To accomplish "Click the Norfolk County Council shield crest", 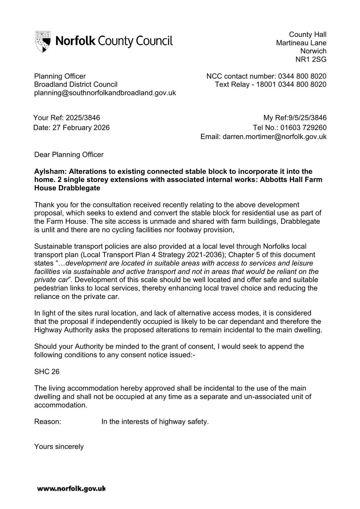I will click(43, 41).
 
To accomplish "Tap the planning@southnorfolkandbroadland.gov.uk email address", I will click(105, 93).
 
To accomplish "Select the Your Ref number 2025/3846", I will click(83, 118).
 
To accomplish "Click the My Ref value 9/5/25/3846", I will click(307, 118).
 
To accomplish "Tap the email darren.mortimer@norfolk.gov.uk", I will click(274, 137).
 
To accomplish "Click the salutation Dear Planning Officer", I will click(69, 155).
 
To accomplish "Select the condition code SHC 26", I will click(47, 372).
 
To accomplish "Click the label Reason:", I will click(47, 422).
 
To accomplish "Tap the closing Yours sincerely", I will click(59, 447).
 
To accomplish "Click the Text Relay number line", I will click(270, 85).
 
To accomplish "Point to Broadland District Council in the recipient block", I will click(76, 85).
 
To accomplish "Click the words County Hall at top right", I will click(308, 35).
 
